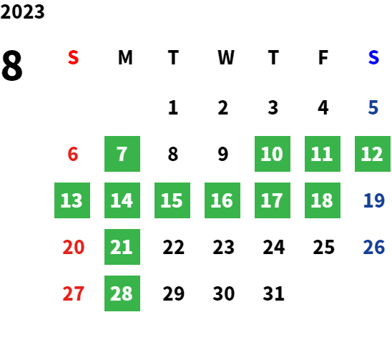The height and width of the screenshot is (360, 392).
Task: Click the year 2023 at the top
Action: point(22,11)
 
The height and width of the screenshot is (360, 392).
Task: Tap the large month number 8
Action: point(12,65)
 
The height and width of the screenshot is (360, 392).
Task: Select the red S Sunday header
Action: point(73,57)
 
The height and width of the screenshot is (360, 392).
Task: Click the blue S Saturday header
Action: point(373,57)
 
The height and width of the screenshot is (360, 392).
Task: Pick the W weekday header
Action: point(226,57)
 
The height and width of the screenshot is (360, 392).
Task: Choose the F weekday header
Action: point(323,57)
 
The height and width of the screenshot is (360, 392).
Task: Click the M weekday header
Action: point(125,57)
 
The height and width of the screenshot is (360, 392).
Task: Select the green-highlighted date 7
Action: point(122,154)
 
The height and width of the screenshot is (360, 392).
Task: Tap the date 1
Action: point(173,108)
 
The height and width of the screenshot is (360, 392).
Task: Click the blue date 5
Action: point(373,108)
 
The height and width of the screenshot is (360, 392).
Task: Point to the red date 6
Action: point(73,154)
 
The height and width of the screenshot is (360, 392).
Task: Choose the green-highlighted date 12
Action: point(373,154)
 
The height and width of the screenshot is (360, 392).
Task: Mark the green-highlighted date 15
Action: point(172,200)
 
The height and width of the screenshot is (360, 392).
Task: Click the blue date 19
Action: point(373,200)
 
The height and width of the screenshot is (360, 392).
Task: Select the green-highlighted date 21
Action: point(122,247)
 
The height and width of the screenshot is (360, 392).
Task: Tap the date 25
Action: point(324,247)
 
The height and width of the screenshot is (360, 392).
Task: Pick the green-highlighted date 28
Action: point(122,293)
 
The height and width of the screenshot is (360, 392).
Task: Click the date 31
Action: point(273,293)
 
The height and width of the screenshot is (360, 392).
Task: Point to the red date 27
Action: point(73,293)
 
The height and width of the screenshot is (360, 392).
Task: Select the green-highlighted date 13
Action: point(72,200)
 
